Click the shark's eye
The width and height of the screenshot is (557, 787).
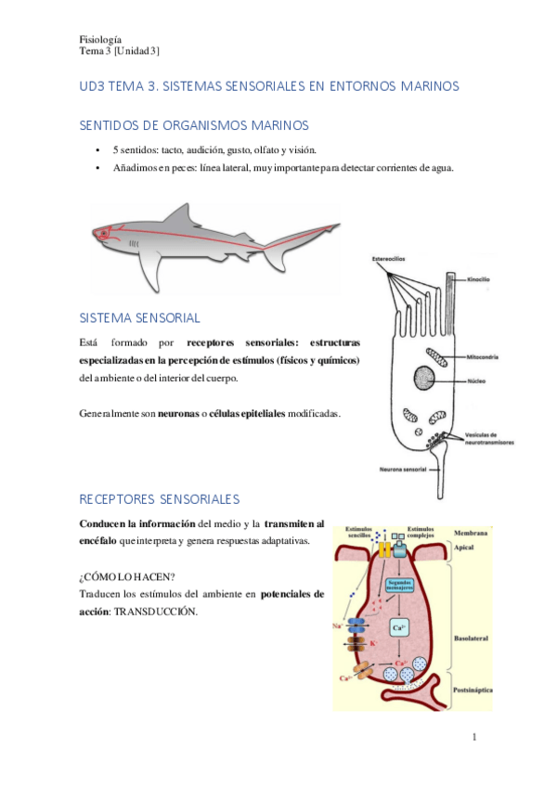[x=104, y=232]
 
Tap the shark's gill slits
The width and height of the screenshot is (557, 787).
[x=134, y=242]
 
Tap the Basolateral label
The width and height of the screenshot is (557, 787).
[x=474, y=639]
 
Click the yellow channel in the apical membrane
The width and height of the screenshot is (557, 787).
[x=383, y=550]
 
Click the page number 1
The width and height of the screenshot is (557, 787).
[x=473, y=738]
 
